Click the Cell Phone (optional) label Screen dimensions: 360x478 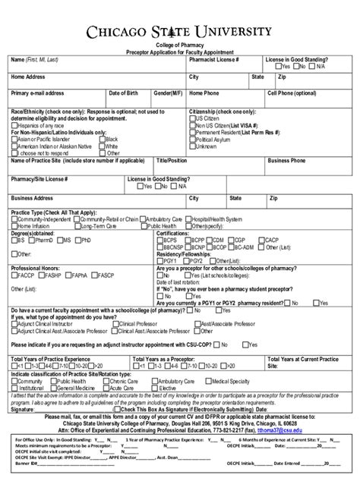[x=292, y=93]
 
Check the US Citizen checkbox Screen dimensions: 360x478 [x=192, y=119]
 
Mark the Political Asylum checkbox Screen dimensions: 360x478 [x=192, y=140]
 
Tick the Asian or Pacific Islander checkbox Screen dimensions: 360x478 [x=14, y=140]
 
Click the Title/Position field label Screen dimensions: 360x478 [x=171, y=161]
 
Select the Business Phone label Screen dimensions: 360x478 [x=286, y=161]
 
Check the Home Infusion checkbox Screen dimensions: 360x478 [x=14, y=226]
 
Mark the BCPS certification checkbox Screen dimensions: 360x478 [x=159, y=240]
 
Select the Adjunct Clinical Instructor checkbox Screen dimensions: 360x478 [x=14, y=322]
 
